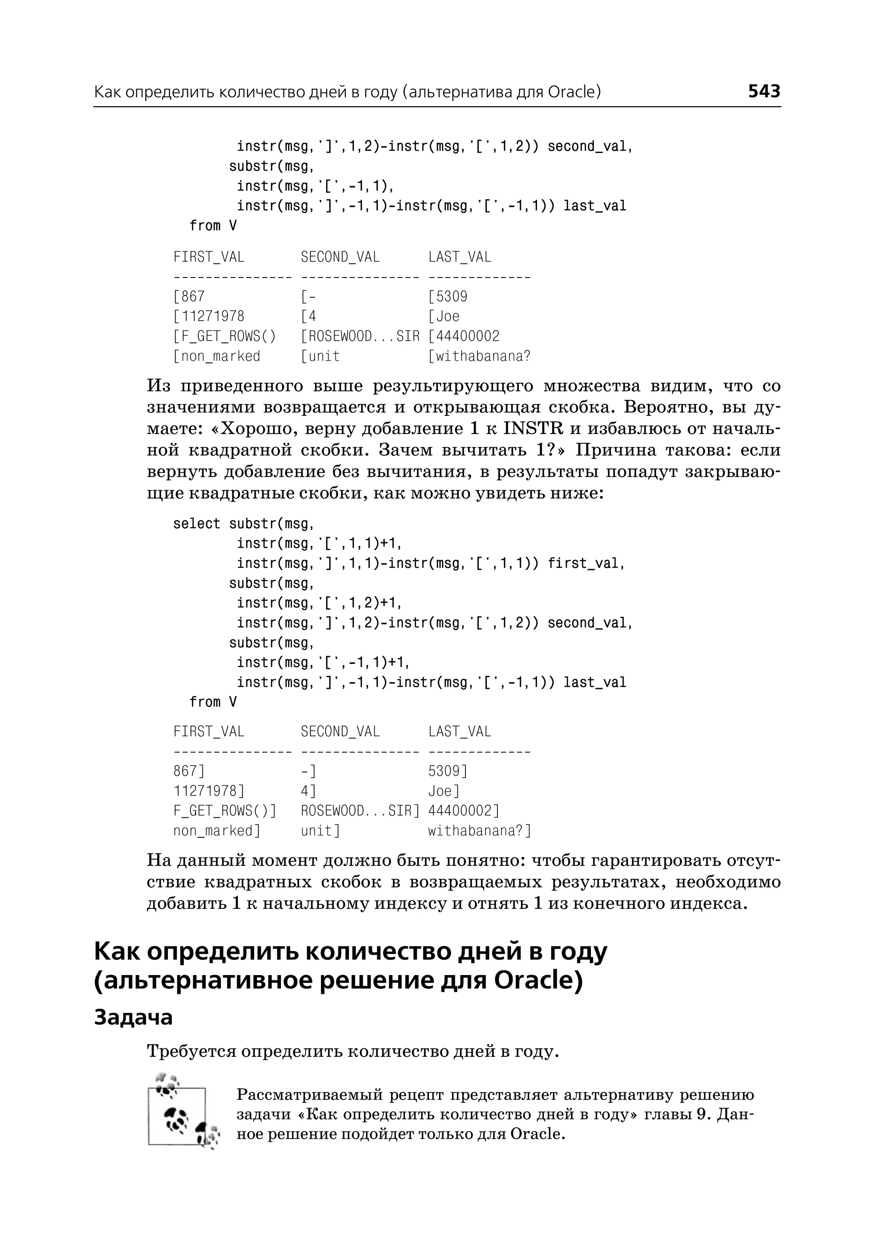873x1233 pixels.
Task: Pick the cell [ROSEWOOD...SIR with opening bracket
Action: [x=360, y=336]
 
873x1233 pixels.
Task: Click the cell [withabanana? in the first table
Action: [x=479, y=356]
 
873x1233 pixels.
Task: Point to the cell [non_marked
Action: [x=217, y=356]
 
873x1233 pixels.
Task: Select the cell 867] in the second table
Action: [x=189, y=771]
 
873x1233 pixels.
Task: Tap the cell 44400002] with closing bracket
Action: [x=464, y=811]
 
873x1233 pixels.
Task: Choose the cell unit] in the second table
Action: [x=321, y=831]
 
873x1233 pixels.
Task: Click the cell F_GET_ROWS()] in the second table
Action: [x=225, y=811]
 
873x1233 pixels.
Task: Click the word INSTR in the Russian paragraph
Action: [x=533, y=428]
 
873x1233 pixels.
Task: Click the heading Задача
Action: [x=133, y=1017]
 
